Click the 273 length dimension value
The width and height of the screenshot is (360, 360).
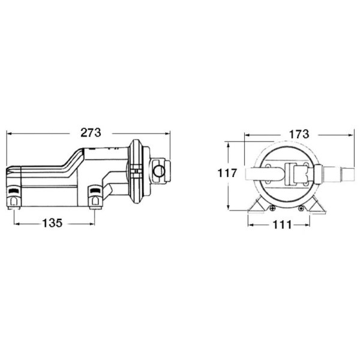(x=91, y=133)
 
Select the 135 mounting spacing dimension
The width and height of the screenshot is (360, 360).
(x=52, y=223)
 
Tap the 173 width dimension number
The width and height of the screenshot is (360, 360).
(x=299, y=134)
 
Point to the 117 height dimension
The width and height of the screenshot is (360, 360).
(x=227, y=173)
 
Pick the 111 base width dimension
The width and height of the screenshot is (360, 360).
(x=282, y=225)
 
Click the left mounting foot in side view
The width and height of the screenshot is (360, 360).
(x=14, y=197)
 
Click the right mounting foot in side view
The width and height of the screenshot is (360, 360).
(x=95, y=197)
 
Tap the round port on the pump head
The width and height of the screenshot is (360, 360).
(x=158, y=171)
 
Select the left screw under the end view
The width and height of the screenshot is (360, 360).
(x=272, y=208)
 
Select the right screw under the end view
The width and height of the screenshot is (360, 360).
(x=301, y=208)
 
